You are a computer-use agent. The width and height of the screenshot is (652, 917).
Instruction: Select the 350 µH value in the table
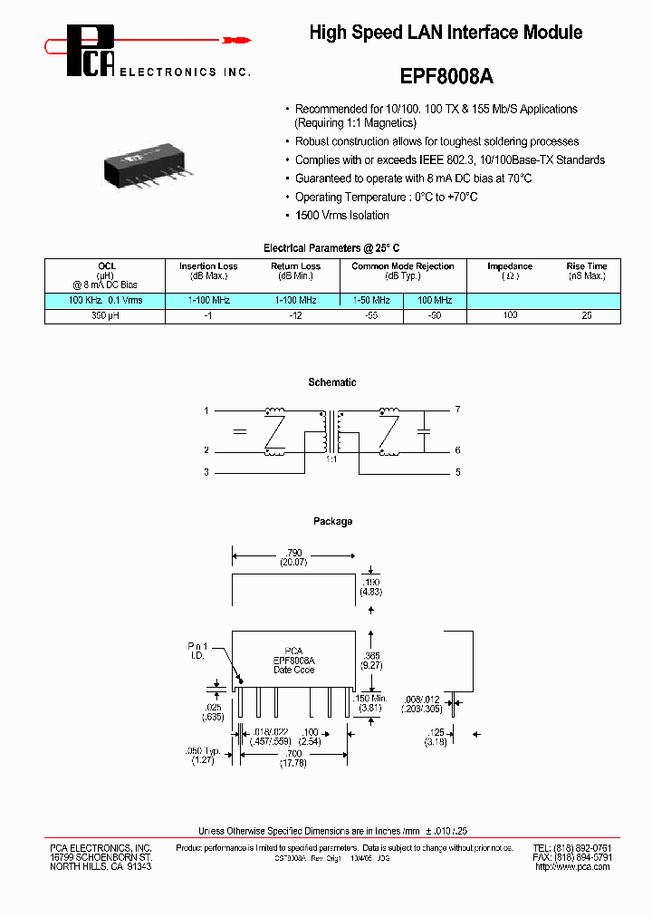pos(105,316)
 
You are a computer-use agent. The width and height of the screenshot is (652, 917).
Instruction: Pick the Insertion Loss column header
pos(208,266)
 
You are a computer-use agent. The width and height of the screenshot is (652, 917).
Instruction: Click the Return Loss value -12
pos(296,316)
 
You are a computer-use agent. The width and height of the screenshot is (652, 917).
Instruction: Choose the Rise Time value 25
pos(587,316)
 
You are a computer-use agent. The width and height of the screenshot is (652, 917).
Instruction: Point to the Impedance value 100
pos(510,316)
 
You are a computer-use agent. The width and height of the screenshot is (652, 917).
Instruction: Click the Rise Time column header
pos(587,266)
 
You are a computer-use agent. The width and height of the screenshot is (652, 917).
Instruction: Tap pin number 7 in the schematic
pos(458,410)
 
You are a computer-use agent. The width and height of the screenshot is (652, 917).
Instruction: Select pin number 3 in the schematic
pos(206,472)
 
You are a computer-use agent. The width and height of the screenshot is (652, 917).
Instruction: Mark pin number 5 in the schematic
pos(458,472)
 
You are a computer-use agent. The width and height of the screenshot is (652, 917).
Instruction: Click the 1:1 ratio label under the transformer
pos(331,460)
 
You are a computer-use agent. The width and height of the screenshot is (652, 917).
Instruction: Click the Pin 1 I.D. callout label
pos(198,651)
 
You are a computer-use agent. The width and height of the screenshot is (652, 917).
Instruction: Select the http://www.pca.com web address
pos(572,867)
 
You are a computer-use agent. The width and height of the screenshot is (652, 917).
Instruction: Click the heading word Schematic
pos(332,382)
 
